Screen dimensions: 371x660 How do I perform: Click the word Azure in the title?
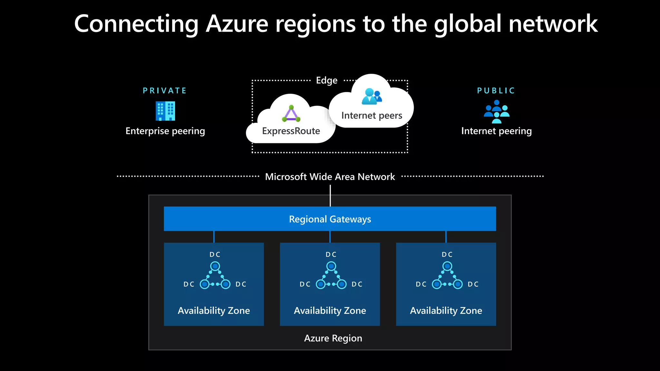pos(237,24)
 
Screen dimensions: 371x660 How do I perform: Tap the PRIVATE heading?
pos(165,91)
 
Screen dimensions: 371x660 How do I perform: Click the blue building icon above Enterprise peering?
pos(165,111)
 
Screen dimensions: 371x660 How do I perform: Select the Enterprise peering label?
pos(165,131)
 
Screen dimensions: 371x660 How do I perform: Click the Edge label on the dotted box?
pos(326,80)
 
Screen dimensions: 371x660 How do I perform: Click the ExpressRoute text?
pos(291,131)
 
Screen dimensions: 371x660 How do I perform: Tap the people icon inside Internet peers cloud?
pos(372,96)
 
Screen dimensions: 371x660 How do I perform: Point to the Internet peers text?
pos(372,115)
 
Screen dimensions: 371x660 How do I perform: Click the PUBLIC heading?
pos(496,91)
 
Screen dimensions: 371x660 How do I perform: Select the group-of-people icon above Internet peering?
pos(497,111)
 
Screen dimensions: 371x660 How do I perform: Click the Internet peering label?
pos(496,131)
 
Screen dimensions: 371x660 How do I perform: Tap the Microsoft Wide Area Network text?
pos(330,177)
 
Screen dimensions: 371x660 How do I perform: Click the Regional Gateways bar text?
pos(330,219)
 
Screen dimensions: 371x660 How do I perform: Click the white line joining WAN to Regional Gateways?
pos(330,196)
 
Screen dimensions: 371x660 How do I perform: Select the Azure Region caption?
pos(333,338)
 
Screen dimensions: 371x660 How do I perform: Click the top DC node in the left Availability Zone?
pos(215,266)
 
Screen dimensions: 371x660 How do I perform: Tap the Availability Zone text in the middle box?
pos(330,310)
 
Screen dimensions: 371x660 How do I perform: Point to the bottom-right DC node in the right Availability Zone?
pos(458,284)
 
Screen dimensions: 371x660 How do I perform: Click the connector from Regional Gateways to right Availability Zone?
pos(446,237)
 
